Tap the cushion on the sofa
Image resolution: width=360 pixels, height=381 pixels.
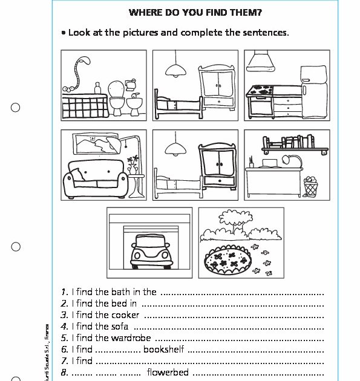click(x=79, y=177)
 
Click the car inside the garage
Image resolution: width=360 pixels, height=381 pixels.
click(x=148, y=250)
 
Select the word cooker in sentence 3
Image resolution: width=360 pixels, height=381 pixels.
click(x=125, y=314)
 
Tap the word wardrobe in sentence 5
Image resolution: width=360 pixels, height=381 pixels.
click(x=131, y=337)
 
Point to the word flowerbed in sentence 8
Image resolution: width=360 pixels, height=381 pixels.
click(x=168, y=372)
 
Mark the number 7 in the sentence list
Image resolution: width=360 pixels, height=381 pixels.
click(x=64, y=361)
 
